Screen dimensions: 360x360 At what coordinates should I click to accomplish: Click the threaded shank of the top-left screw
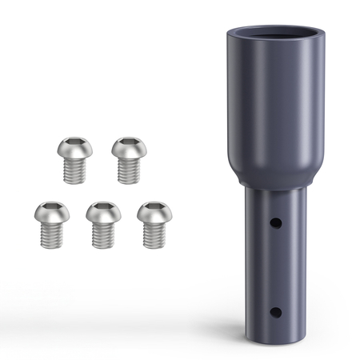pos(75,170)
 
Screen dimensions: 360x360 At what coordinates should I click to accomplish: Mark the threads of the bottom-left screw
pos(52,235)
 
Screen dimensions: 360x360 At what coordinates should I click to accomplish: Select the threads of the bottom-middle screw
pos(104,235)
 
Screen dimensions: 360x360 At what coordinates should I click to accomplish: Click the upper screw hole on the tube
pos(274,222)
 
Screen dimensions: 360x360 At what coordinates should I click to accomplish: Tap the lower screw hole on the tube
pos(274,312)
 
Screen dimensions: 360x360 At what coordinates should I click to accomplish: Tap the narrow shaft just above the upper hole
pos(272,204)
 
